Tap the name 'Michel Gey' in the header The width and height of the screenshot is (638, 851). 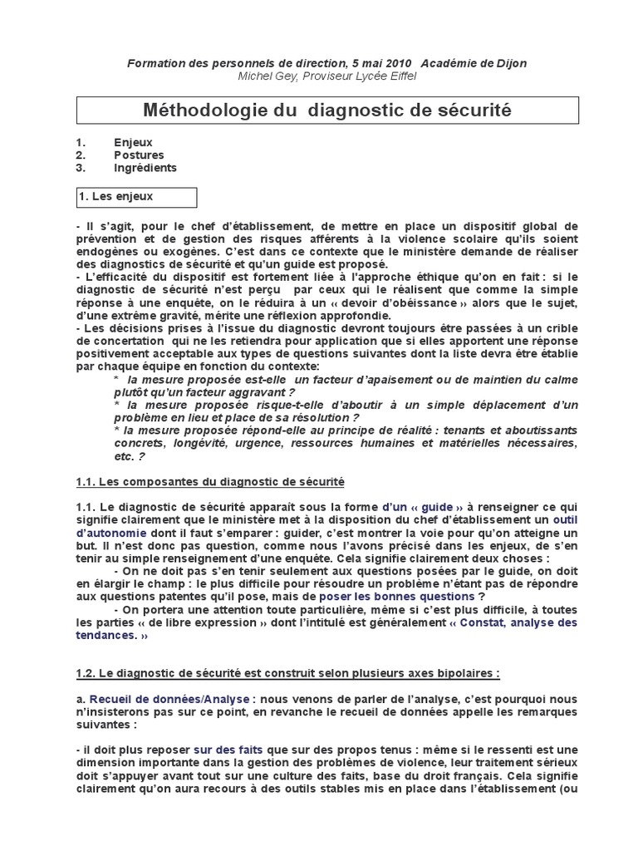pos(267,76)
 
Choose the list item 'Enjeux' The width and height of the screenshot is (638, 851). pos(133,142)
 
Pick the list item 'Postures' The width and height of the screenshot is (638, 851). pos(139,155)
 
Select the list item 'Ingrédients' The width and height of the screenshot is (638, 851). pos(145,167)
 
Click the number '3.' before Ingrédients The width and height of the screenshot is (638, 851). pos(81,167)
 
